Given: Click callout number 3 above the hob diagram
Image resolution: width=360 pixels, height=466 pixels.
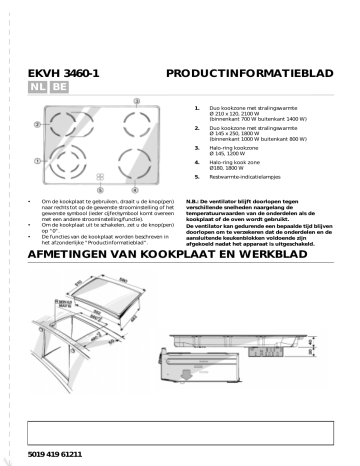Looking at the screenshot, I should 99,99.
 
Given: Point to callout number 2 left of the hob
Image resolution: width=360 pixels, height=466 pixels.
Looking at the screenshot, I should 37,126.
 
